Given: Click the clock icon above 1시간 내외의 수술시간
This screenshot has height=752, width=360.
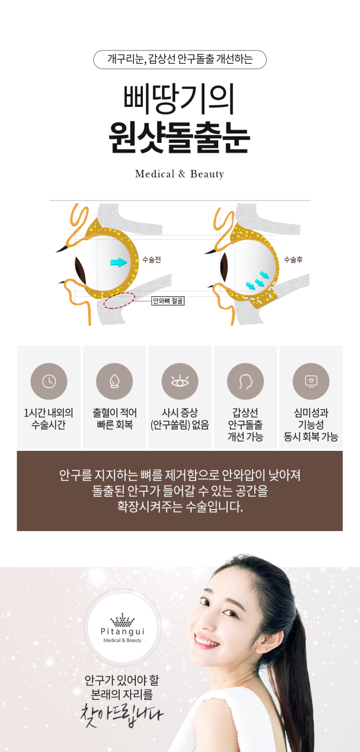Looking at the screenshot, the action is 49,382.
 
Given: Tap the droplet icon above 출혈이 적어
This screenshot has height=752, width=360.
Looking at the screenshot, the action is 114,382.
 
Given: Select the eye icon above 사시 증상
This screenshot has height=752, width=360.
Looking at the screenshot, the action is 179,382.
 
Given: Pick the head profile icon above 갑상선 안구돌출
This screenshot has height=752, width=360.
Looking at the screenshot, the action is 245,382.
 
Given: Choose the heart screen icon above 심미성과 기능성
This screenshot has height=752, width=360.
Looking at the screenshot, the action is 311,382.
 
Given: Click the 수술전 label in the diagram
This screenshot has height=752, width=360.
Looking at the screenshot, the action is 151,259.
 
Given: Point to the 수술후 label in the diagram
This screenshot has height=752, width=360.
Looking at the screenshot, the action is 293,259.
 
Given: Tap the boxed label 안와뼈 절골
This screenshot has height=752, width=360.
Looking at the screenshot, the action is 168,301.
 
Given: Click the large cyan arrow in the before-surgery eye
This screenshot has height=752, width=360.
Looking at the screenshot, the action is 119,262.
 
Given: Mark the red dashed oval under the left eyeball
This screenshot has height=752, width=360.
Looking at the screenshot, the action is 119,300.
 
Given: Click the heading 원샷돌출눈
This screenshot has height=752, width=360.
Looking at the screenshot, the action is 179,138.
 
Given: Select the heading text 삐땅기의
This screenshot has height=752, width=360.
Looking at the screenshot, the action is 179,99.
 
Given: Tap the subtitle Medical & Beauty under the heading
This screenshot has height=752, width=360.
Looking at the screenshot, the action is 179,174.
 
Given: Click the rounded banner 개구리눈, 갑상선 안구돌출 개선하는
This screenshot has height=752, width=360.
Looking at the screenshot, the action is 179,59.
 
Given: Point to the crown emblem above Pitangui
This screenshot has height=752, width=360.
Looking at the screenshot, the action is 122,620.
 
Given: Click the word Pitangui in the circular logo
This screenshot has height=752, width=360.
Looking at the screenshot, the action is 122,631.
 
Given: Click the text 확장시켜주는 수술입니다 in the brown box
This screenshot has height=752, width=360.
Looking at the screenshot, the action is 179,507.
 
